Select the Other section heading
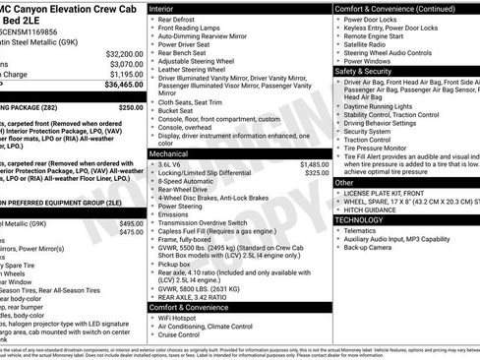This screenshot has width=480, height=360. click(345, 183)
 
